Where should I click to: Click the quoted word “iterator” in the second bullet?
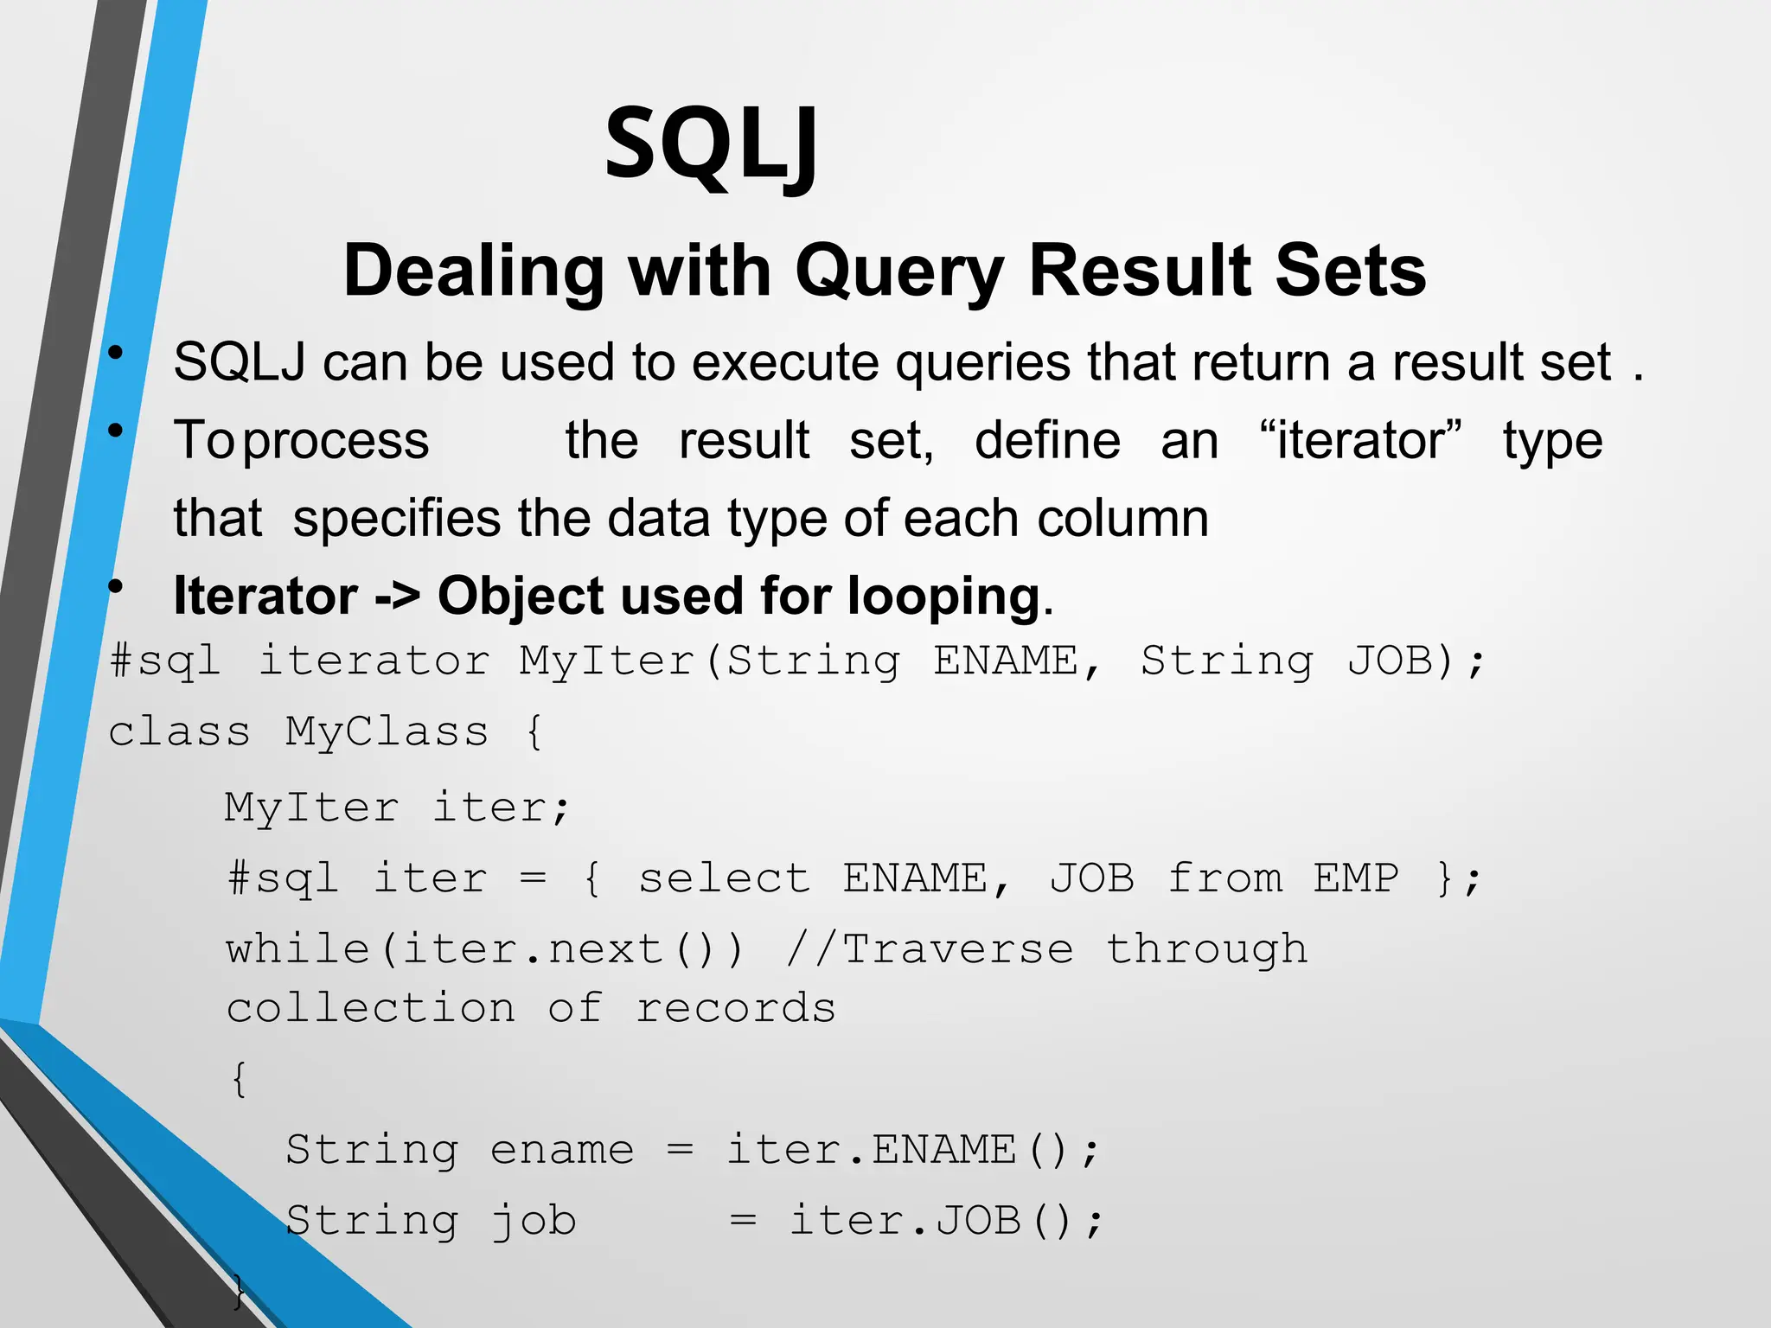tap(1360, 439)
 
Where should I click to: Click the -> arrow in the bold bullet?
tap(398, 596)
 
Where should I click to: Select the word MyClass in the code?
tap(387, 731)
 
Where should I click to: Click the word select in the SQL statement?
tap(724, 878)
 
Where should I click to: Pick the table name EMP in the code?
tap(1356, 878)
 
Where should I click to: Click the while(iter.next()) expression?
tap(484, 949)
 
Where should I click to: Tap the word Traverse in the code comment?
tap(957, 949)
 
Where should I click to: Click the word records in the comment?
tap(736, 1009)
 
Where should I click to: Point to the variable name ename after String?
tap(562, 1150)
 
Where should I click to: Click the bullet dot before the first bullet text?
tap(115, 353)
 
